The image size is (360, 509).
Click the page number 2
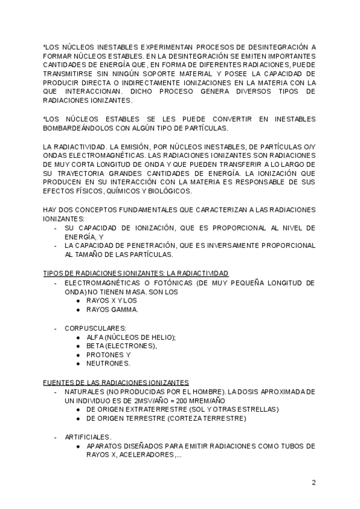click(x=313, y=482)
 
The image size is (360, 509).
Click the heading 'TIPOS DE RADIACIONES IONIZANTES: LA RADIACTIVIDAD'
click(x=136, y=273)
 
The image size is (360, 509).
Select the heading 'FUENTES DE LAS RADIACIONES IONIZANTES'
click(x=116, y=382)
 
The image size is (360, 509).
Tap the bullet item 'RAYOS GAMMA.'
click(x=112, y=310)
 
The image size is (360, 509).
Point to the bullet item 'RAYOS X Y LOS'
click(x=112, y=301)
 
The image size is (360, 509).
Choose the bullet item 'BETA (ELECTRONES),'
click(x=122, y=346)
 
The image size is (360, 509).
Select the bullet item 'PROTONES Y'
click(x=108, y=355)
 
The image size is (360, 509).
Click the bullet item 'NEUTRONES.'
click(x=108, y=364)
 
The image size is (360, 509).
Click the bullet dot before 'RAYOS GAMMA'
click(x=79, y=310)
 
